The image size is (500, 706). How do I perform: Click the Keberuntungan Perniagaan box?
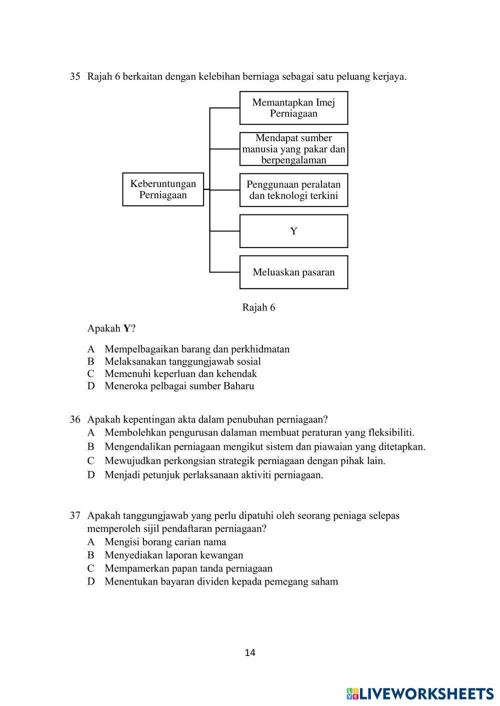click(x=163, y=189)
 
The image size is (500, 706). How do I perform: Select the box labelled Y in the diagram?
click(x=293, y=231)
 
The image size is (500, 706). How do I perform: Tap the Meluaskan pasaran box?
click(x=293, y=272)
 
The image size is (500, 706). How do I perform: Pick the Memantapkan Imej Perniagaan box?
click(x=293, y=108)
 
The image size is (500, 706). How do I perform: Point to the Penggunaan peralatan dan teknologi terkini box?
click(x=293, y=190)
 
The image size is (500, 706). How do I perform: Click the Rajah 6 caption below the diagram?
click(x=258, y=307)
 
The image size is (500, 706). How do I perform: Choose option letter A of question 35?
click(x=91, y=349)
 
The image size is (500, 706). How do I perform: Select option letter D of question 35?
click(x=91, y=386)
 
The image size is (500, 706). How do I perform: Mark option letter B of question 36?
click(x=91, y=446)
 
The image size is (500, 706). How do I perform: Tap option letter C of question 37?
click(x=91, y=568)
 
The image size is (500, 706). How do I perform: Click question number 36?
click(x=75, y=419)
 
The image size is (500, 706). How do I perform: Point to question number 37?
click(x=75, y=515)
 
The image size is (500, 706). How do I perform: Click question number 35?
click(x=75, y=76)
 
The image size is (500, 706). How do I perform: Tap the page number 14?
click(x=250, y=652)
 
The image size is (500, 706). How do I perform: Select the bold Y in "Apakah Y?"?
click(x=127, y=328)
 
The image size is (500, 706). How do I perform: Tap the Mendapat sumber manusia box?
click(x=293, y=149)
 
